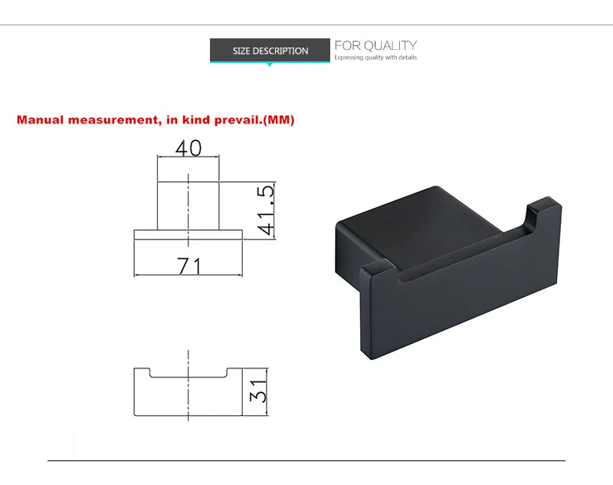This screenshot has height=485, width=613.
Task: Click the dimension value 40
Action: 188,148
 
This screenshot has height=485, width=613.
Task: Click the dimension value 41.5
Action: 266,210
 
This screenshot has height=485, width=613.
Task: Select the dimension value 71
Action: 189,266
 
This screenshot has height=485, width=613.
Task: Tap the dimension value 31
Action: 258,391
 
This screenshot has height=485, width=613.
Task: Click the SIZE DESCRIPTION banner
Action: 270,50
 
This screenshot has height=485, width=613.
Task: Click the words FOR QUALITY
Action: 375,45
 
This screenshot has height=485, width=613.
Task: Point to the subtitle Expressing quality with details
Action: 375,58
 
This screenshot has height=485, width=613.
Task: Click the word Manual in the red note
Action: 40,120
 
